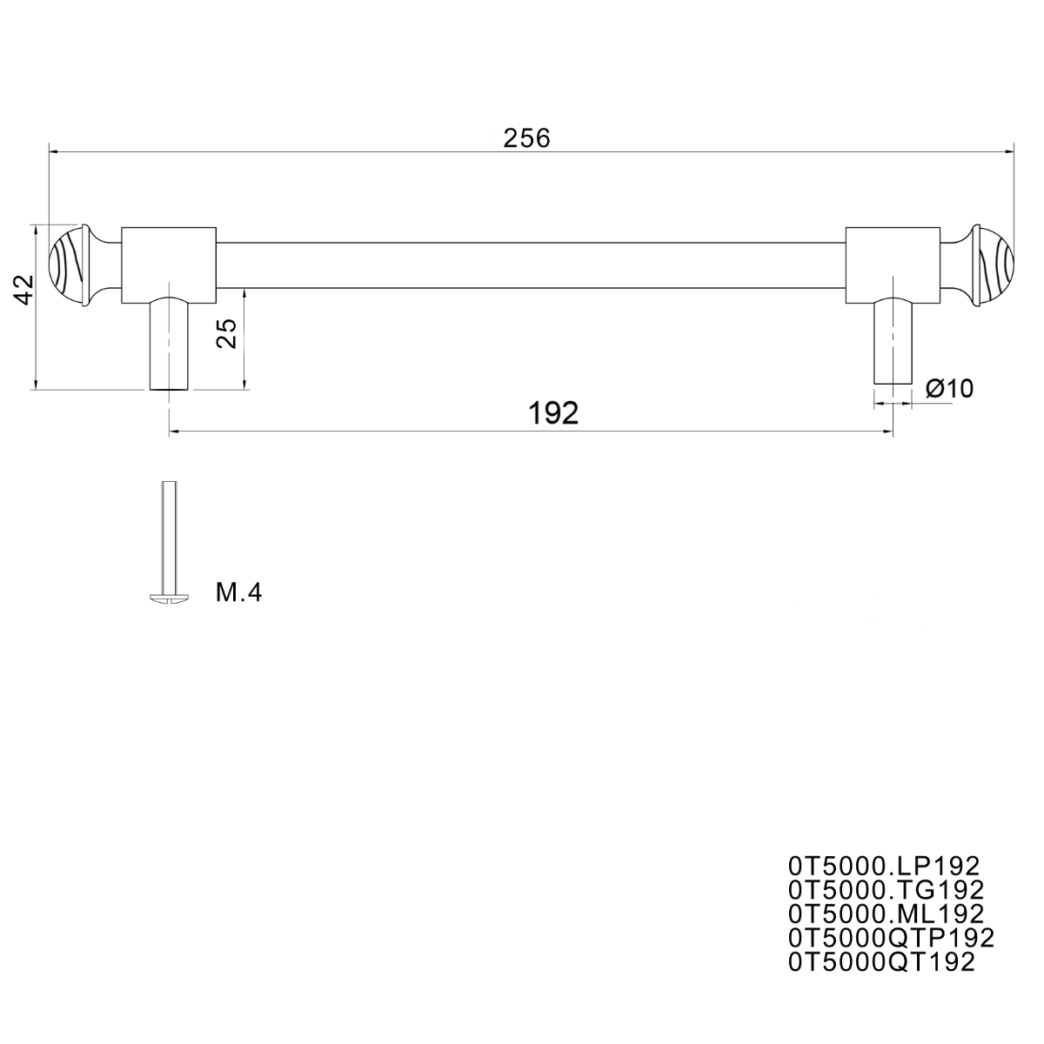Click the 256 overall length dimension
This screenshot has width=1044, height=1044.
tap(526, 138)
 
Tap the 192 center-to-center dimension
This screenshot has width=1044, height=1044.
tap(553, 413)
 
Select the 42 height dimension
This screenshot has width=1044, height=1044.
tap(23, 290)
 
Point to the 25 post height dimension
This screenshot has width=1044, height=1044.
tap(226, 333)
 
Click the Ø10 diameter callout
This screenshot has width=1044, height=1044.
tap(950, 388)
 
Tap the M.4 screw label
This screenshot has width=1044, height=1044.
tap(238, 592)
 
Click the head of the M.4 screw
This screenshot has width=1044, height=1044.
tap(169, 597)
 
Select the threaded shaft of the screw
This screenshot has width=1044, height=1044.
tap(169, 537)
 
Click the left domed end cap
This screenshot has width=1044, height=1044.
tap(70, 266)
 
